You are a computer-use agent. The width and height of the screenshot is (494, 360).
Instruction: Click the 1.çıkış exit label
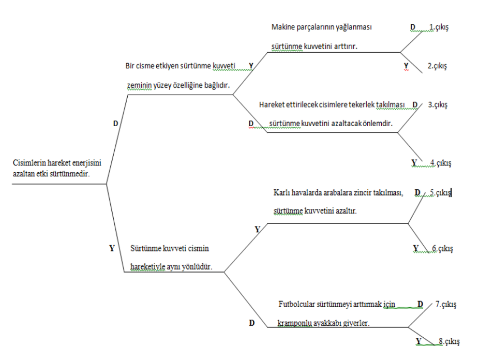[439, 27]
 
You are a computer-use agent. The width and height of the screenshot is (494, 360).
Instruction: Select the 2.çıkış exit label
[437, 66]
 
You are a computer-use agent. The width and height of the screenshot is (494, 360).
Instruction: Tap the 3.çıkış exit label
[438, 105]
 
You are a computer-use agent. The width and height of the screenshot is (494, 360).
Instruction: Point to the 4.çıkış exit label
[441, 163]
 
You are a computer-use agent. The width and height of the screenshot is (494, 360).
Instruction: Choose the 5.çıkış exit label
[441, 192]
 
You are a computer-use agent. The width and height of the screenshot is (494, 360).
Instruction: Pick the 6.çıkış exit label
[442, 248]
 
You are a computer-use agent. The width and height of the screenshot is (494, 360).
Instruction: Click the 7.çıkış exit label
[446, 305]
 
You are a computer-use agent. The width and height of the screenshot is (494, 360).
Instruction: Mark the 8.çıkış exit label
[450, 341]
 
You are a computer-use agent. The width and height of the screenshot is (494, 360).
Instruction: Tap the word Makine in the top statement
[281, 27]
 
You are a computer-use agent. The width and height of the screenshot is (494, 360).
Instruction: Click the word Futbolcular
[296, 304]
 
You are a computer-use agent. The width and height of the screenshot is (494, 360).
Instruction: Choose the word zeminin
[139, 85]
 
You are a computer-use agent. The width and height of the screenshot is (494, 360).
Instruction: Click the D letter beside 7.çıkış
[420, 304]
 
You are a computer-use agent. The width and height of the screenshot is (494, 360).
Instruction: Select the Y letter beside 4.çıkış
[414, 163]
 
